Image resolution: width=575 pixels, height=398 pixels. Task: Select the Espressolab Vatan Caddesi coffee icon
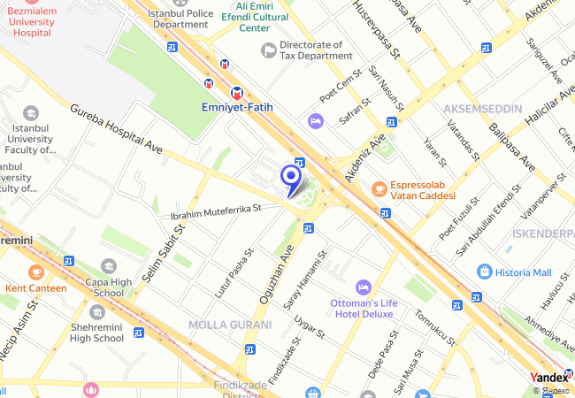click(x=379, y=188)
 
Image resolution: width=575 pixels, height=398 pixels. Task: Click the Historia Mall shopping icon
click(x=484, y=271)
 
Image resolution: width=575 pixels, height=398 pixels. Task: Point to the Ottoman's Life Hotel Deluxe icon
click(x=362, y=287)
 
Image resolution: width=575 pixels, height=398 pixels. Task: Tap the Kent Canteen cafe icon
click(x=35, y=272)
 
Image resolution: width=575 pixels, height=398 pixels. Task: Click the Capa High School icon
click(x=108, y=265)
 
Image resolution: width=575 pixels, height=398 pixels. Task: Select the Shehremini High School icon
click(x=96, y=312)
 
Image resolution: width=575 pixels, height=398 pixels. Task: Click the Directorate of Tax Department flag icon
click(x=267, y=50)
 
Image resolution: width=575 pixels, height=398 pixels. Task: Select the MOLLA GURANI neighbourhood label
click(x=229, y=325)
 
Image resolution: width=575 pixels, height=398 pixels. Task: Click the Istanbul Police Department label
click(x=180, y=19)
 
